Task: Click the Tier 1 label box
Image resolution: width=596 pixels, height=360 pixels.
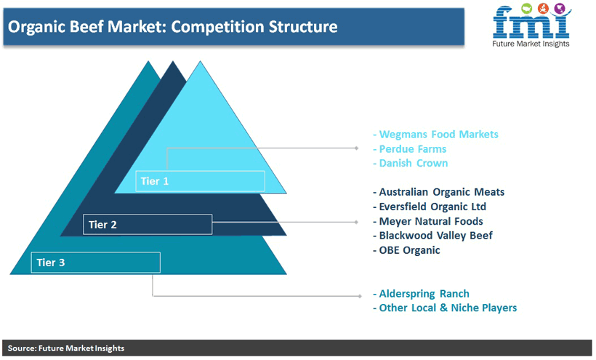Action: click(200, 181)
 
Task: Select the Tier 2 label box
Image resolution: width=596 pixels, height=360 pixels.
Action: click(148, 224)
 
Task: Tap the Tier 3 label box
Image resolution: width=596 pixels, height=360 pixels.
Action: click(95, 263)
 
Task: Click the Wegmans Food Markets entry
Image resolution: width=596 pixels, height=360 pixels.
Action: click(435, 135)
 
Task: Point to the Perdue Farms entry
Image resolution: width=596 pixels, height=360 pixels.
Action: click(410, 148)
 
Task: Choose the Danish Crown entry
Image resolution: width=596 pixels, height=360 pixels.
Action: click(411, 163)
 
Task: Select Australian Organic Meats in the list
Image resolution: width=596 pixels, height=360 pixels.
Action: click(438, 192)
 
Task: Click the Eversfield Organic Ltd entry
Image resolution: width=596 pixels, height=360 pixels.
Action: click(430, 207)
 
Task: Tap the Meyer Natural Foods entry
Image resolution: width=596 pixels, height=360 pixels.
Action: click(428, 221)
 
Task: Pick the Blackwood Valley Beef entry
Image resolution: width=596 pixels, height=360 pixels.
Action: click(432, 236)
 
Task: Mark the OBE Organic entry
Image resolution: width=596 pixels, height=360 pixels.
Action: click(406, 250)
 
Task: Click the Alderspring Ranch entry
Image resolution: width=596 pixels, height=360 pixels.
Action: click(421, 294)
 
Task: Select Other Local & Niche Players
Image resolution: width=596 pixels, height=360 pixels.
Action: click(445, 308)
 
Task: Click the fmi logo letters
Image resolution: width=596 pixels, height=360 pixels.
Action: click(531, 22)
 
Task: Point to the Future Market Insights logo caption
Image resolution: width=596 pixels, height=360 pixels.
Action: click(531, 44)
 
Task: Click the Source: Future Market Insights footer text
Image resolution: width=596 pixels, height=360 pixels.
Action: click(66, 348)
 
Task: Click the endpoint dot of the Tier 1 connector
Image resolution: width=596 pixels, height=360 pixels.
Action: click(357, 148)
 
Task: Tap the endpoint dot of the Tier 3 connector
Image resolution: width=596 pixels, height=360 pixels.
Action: click(360, 296)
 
